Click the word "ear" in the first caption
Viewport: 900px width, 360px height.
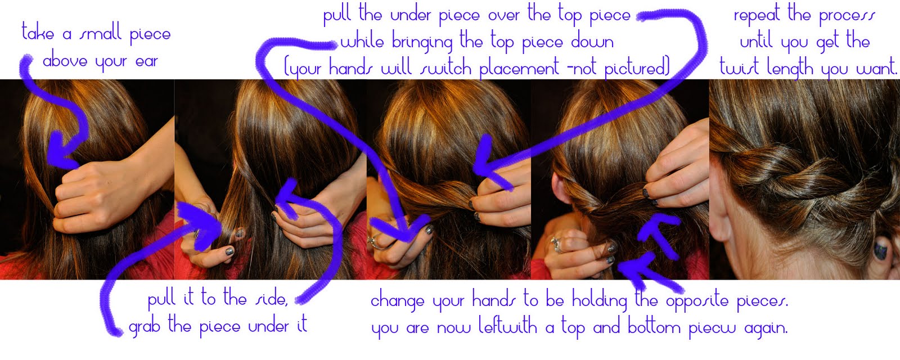pos(146,62)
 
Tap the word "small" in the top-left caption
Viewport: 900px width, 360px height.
pos(100,33)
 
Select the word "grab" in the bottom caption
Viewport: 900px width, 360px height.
pos(144,326)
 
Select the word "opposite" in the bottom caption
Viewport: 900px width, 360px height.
pos(697,301)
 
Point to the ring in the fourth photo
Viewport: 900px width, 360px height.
pos(557,245)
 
